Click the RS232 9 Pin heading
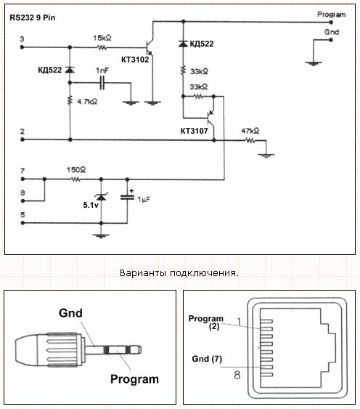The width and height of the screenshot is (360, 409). pos(33,17)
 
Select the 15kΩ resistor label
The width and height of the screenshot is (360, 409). pos(102,38)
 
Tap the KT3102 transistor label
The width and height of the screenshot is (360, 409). pos(135,60)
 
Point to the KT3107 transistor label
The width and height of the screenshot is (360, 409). pos(195,131)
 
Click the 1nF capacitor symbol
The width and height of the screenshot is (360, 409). pos(102,83)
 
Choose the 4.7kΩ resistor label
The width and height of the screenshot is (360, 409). pos(87,102)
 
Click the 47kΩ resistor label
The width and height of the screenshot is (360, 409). pos(250,131)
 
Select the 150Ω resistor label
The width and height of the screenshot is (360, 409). pos(76,170)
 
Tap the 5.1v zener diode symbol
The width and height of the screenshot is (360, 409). pos(102,197)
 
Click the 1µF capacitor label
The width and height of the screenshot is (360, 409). pos(144,200)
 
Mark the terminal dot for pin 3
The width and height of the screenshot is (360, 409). pos(22,47)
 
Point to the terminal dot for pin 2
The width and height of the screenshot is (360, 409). pos(22,139)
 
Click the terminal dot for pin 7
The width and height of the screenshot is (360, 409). pos(22,179)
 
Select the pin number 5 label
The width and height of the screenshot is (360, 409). pos(22,215)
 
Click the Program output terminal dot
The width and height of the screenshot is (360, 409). pos(331,23)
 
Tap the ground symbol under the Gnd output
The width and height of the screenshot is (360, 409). pos(314,63)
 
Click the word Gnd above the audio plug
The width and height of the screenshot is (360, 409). pos(70,313)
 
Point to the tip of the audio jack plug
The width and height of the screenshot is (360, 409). pos(140,349)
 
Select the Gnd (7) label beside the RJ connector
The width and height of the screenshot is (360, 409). pos(207,359)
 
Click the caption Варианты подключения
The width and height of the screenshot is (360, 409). pos(179,273)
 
